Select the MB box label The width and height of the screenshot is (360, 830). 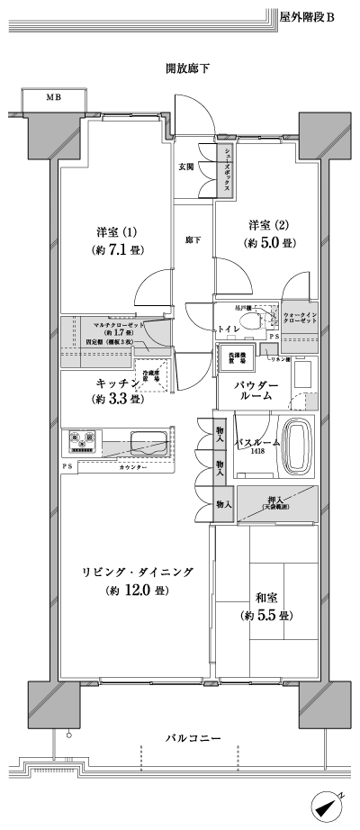[x=53, y=97]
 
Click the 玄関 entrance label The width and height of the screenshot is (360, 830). [x=186, y=167]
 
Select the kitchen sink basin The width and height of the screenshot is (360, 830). [x=146, y=443]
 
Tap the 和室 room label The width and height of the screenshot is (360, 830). [x=265, y=598]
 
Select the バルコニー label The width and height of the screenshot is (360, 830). [x=192, y=739]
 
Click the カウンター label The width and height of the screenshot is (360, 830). [x=131, y=468]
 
